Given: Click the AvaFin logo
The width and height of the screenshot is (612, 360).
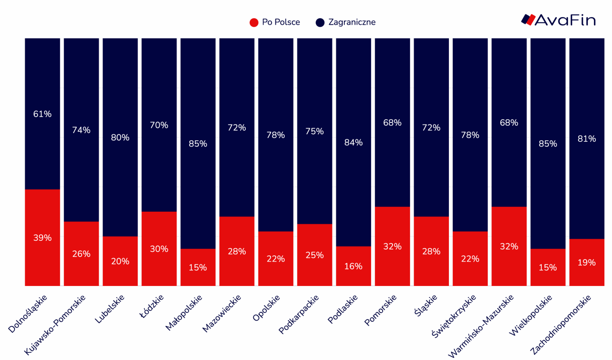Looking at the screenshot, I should [x=558, y=20].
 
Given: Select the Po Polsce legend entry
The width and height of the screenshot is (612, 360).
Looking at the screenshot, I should [x=275, y=22].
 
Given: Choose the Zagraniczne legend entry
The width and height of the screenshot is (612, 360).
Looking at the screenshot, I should [x=346, y=22].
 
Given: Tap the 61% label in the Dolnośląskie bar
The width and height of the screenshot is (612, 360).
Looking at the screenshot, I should [x=42, y=114].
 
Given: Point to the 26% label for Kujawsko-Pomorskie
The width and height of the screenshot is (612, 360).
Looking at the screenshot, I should [x=81, y=254].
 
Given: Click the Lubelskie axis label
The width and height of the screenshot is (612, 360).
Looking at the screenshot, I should [x=110, y=309].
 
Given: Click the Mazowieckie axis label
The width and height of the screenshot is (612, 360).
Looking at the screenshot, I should [x=222, y=313].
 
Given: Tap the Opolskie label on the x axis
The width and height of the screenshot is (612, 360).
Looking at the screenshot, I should [x=266, y=308].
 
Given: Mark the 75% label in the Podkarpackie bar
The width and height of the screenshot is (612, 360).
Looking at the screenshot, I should [x=315, y=131].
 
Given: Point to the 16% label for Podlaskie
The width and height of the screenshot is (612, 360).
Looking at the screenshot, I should [x=353, y=266].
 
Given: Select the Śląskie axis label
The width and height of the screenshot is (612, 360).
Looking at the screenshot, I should [x=426, y=305].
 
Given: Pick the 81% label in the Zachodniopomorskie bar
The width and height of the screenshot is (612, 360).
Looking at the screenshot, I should [x=587, y=139].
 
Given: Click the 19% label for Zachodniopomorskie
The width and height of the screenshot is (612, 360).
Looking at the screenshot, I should [x=587, y=263].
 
